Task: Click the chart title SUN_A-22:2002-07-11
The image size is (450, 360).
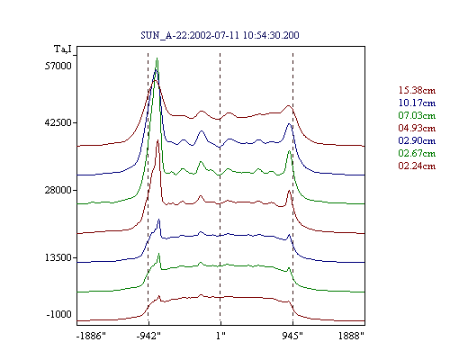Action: pyautogui.click(x=190, y=35)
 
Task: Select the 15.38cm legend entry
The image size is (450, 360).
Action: pyautogui.click(x=417, y=90)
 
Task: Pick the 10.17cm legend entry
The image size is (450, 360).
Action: pyautogui.click(x=417, y=103)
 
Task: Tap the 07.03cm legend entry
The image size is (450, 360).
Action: pyautogui.click(x=417, y=115)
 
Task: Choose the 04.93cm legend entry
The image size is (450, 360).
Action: pyautogui.click(x=417, y=128)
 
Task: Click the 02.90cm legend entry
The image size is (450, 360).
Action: pyautogui.click(x=417, y=140)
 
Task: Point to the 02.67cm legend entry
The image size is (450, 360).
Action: pyautogui.click(x=417, y=153)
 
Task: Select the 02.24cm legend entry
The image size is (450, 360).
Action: pyautogui.click(x=417, y=166)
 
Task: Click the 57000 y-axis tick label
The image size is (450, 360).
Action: pyautogui.click(x=58, y=66)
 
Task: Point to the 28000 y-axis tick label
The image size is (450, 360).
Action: pyautogui.click(x=58, y=190)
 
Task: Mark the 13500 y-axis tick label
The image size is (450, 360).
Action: pyautogui.click(x=58, y=257)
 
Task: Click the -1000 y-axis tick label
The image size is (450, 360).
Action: pyautogui.click(x=58, y=314)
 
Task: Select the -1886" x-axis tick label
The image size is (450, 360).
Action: pyautogui.click(x=91, y=336)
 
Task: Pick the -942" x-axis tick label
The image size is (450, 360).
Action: pyautogui.click(x=148, y=336)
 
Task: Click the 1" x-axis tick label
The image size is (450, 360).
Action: pyautogui.click(x=220, y=336)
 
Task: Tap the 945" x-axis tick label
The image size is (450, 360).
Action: pyautogui.click(x=292, y=336)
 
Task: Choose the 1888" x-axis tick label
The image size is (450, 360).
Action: pyautogui.click(x=351, y=336)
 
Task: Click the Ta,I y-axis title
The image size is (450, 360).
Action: pyautogui.click(x=63, y=49)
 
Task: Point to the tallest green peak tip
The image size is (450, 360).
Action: pyautogui.click(x=157, y=58)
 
